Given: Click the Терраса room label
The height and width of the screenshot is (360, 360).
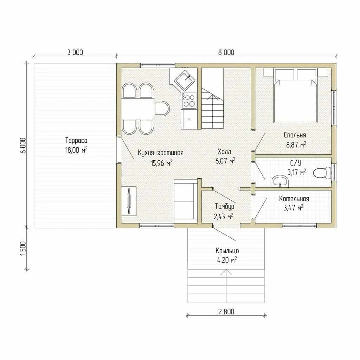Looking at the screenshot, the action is point(76,140).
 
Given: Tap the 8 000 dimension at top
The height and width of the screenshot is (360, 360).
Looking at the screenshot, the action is point(226,52).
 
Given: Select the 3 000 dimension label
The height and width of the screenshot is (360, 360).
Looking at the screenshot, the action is point(75,52).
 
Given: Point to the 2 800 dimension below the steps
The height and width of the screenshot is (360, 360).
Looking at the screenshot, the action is point(226,311).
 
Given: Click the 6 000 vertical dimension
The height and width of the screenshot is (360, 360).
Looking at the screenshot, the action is point(23,146).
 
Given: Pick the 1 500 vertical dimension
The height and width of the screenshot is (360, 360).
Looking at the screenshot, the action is point(23,249).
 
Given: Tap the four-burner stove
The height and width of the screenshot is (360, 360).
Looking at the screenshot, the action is point(189,101).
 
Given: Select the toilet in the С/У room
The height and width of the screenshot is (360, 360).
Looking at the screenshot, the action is point(322,173).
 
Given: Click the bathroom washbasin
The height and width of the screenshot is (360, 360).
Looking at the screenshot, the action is point(280,181).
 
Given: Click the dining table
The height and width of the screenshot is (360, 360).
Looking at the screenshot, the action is point(137,109).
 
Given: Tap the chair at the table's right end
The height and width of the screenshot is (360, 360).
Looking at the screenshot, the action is point(162,108).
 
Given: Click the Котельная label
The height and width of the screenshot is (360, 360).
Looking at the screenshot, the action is point(294,199).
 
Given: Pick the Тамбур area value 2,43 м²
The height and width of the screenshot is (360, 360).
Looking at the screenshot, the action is point(223,216).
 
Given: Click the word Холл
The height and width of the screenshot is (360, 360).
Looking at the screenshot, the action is point(224,152).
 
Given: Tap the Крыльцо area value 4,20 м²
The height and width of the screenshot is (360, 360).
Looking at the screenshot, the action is point(227,260).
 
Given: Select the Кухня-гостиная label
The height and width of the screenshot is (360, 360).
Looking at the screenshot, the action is point(161,153).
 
